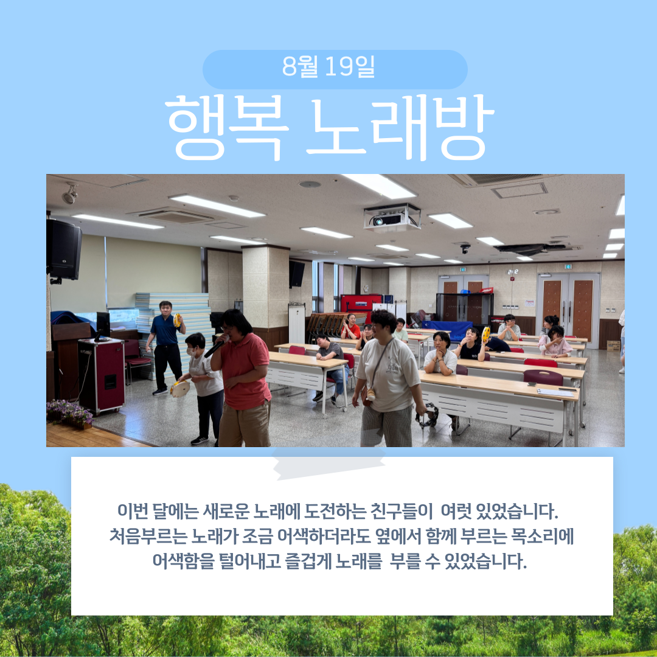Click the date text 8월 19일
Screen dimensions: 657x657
tap(328, 66)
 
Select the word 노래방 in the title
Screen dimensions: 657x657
tap(400, 128)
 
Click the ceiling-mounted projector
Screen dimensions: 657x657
tap(392, 218)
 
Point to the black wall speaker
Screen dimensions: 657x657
tap(64, 250)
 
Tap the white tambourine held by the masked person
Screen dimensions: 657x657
tap(180, 389)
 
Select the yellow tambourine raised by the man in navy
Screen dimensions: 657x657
tap(177, 320)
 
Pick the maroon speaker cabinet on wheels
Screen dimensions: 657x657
tap(102, 375)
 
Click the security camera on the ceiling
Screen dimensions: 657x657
tap(465, 248)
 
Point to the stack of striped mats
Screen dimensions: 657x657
tap(174, 331)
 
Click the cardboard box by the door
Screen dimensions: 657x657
tap(613, 346)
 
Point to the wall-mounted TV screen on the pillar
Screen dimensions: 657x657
tap(297, 274)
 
